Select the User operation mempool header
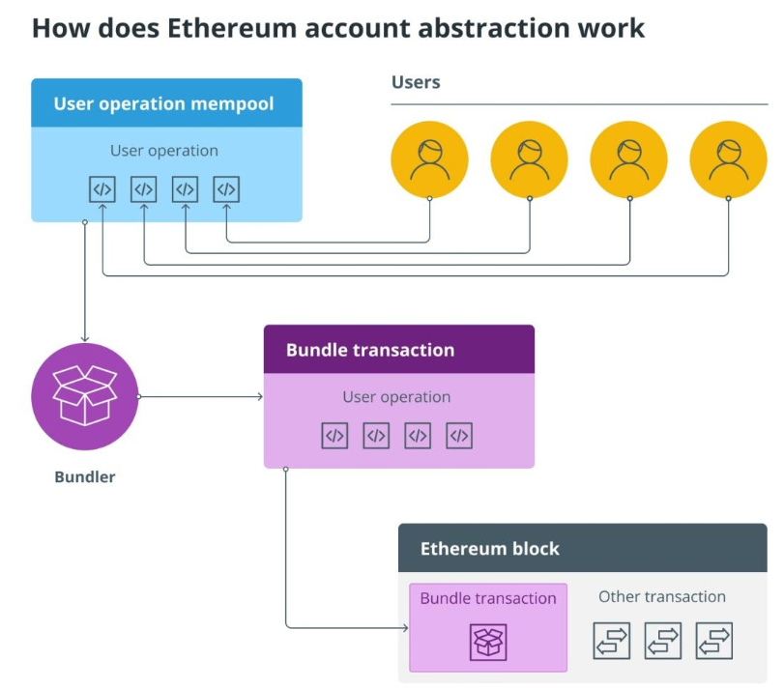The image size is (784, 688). click(163, 103)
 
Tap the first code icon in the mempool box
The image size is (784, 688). click(102, 189)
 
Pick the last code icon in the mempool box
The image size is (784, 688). click(226, 189)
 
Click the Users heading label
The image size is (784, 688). click(416, 82)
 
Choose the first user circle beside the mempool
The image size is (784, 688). click(429, 159)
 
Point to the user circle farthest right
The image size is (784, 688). click(728, 159)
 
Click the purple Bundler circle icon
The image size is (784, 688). click(85, 397)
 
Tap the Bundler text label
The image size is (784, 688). click(85, 476)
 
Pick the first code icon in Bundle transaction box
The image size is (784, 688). click(334, 436)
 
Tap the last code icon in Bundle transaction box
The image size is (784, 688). click(459, 436)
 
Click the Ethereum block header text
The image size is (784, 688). click(490, 549)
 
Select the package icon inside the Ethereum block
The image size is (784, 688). click(488, 642)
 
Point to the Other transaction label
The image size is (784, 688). click(662, 596)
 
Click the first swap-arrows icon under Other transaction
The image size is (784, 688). click(611, 641)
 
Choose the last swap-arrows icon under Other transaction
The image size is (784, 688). click(713, 641)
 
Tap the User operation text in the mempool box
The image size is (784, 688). click(164, 151)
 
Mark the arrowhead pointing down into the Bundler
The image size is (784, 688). click(85, 339)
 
